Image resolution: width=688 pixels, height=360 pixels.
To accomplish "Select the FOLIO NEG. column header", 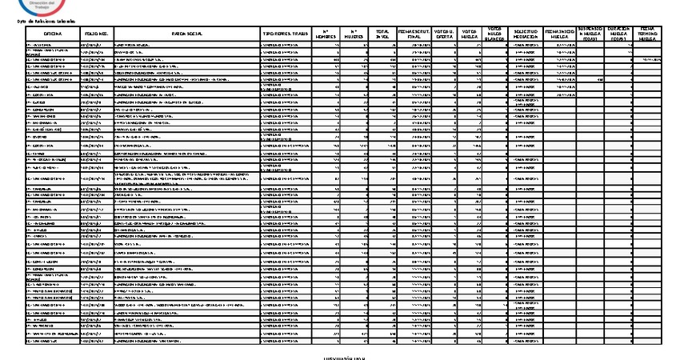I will click(x=97, y=34).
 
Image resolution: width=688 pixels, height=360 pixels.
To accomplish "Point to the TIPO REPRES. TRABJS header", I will click(x=285, y=34).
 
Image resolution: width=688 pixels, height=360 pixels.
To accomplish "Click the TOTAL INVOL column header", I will click(x=382, y=34).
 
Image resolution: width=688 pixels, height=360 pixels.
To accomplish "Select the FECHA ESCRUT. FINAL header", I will click(x=414, y=34).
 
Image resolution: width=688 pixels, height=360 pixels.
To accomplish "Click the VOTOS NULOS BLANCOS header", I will click(x=494, y=34).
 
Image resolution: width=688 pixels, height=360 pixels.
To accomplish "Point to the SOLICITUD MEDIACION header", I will click(x=525, y=34).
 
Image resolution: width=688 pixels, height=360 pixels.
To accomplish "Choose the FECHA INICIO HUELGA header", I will click(x=559, y=34).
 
